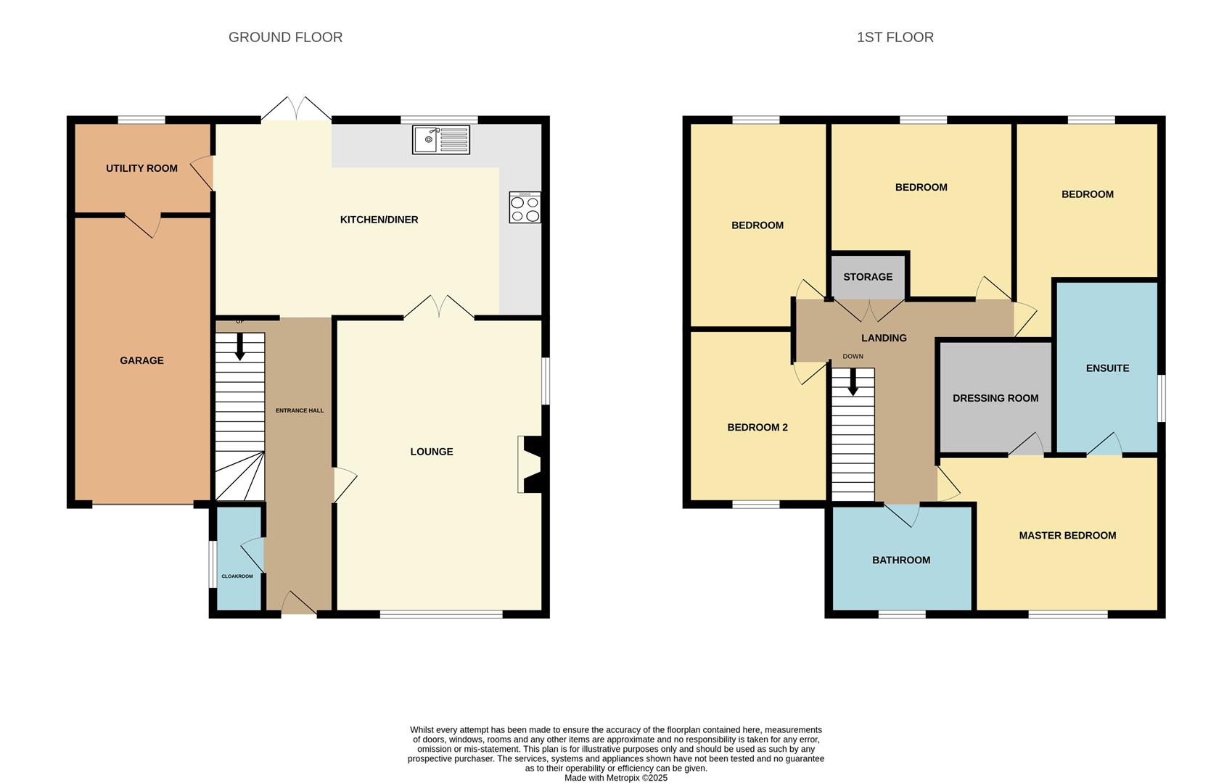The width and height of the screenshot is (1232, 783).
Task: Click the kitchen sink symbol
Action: coord(440,139)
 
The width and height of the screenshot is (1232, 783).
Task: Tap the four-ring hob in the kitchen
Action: coord(525,207)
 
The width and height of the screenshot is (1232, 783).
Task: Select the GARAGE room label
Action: coord(141,360)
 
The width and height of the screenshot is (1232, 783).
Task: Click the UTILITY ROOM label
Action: coord(141,168)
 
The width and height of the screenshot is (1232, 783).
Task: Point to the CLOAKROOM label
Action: coord(237,576)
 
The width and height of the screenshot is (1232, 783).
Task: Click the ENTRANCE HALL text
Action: coord(300,410)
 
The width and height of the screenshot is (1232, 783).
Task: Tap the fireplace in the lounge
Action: coord(529,464)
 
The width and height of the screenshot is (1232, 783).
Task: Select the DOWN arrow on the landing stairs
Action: coord(853,382)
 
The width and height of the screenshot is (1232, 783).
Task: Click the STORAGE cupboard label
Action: coord(868,277)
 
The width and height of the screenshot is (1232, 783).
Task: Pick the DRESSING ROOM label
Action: coord(995,398)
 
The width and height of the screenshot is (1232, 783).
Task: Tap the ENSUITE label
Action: coord(1107,368)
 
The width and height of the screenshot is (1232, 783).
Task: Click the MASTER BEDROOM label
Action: coord(1067,536)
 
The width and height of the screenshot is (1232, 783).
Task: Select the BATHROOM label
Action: coord(901,560)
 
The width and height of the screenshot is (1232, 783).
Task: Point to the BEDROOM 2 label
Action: coord(757,428)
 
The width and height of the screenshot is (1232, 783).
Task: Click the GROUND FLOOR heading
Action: coord(285,37)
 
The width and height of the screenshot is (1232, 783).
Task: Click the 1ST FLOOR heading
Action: coord(895,37)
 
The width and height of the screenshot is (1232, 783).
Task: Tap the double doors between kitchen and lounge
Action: coord(439,308)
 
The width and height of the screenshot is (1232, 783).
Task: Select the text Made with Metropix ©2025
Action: coord(616,778)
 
